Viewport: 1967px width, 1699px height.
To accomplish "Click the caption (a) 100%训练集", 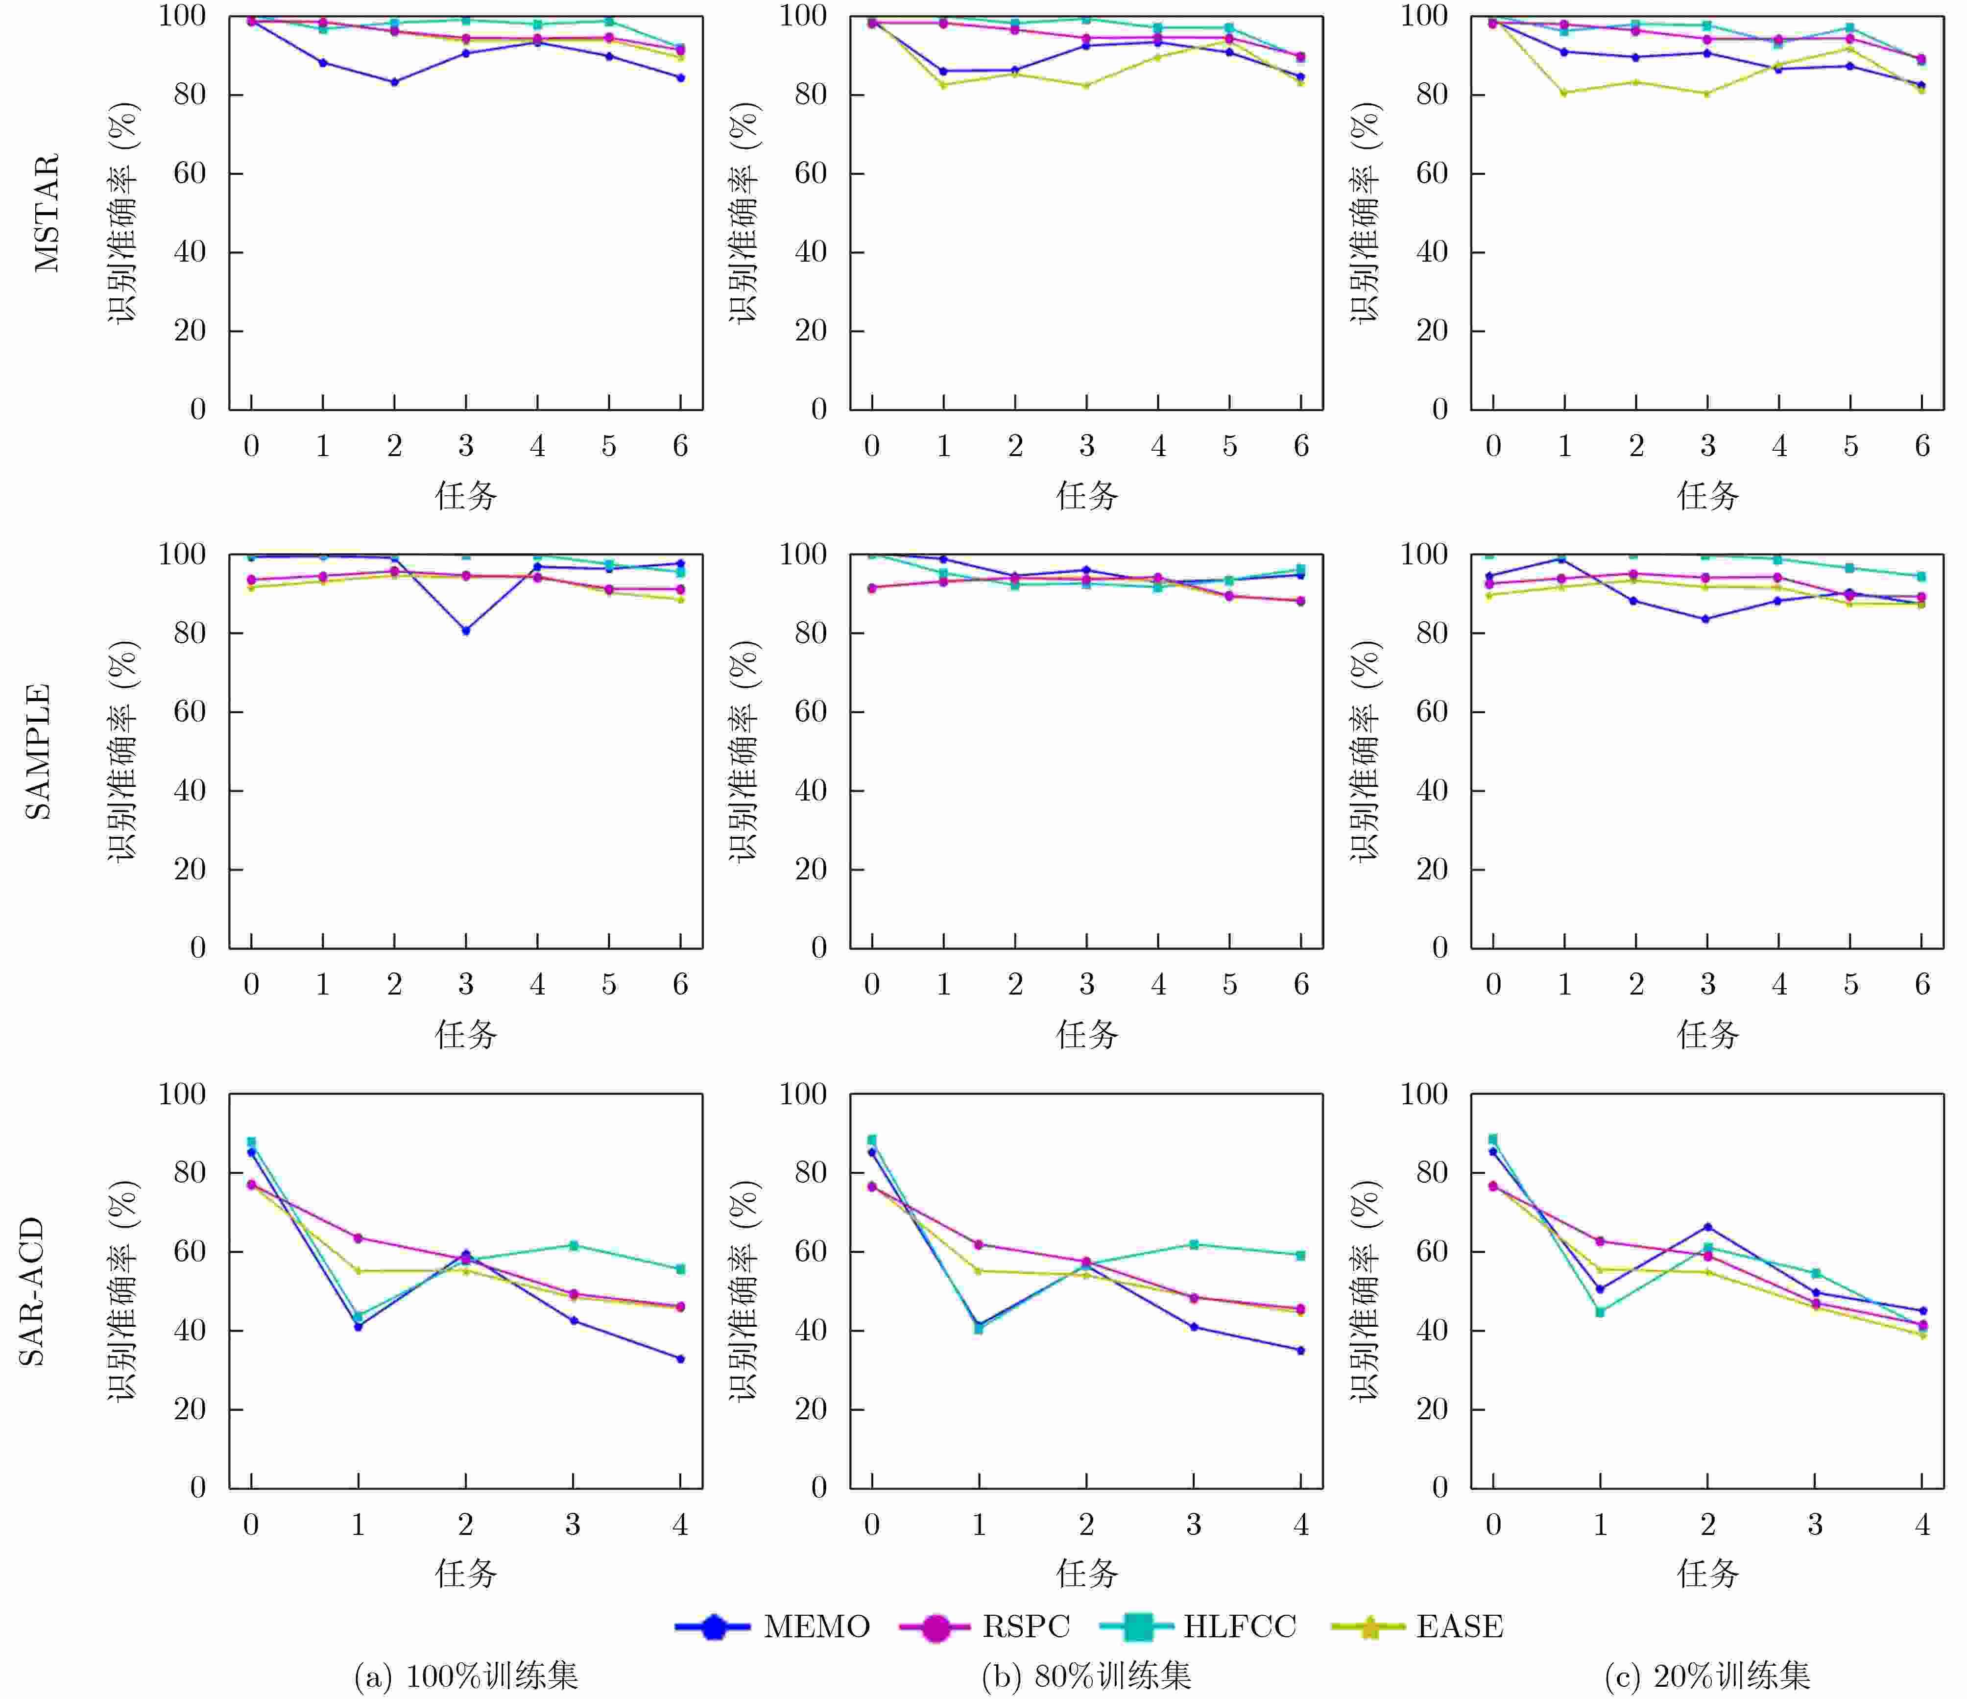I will (x=466, y=1676).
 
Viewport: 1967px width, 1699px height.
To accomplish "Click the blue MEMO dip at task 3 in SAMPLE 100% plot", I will (x=466, y=631).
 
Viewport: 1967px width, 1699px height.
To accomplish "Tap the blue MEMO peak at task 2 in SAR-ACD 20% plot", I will (x=1708, y=1227).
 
